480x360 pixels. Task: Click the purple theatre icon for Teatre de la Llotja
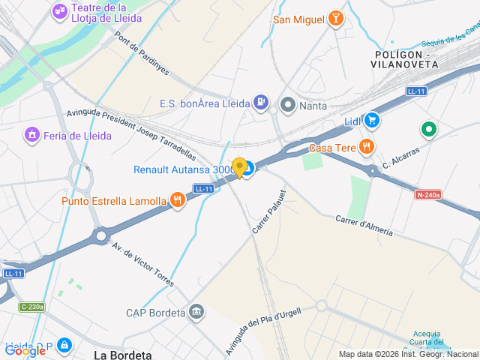pos(59,12)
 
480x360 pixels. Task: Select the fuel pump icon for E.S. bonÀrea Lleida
pos(261,101)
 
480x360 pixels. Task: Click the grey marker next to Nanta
pos(287,105)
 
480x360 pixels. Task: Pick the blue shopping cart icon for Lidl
pos(372,120)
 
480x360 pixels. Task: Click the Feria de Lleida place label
pos(77,136)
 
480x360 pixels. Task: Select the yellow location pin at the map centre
pos(239,168)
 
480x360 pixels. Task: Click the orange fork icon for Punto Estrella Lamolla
pos(177,200)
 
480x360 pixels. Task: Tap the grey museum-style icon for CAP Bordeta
pos(196,311)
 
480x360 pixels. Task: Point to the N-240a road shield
pos(428,195)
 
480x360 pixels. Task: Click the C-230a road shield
pos(33,306)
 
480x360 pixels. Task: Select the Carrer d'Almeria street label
pos(364,225)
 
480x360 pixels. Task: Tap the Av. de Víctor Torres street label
pos(142,265)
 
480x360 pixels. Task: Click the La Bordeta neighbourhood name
pos(123,355)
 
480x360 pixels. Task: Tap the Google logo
pos(25,350)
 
